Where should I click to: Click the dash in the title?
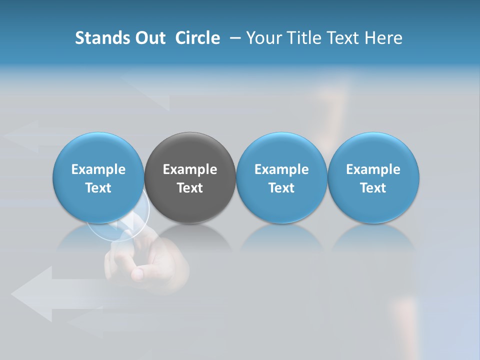click(x=234, y=38)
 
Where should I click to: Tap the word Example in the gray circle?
click(x=190, y=169)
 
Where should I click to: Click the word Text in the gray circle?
click(x=190, y=188)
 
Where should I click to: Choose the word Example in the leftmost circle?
click(x=98, y=169)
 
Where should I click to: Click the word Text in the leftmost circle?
click(x=98, y=188)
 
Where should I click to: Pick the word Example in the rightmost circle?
click(x=373, y=169)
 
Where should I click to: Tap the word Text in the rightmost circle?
click(x=373, y=188)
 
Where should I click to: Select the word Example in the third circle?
click(x=281, y=169)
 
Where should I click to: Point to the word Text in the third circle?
click(x=281, y=188)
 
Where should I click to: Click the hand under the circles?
click(x=150, y=262)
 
